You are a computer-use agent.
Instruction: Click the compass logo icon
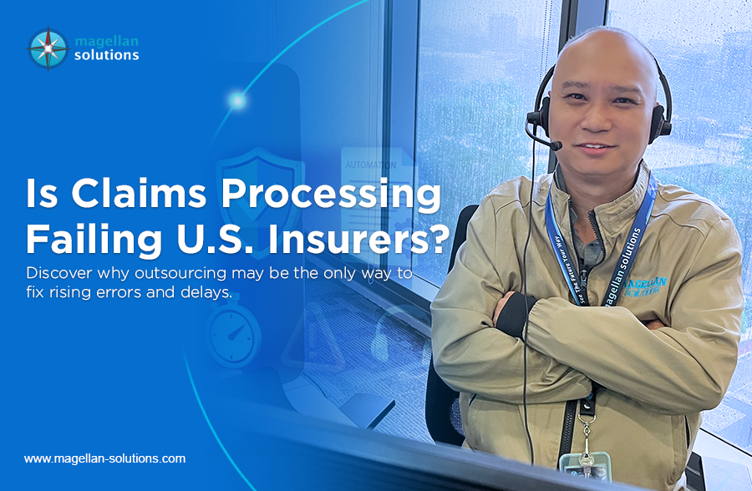tap(48, 48)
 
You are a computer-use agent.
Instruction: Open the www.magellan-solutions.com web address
tap(104, 458)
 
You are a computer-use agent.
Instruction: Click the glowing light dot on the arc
tap(237, 101)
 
